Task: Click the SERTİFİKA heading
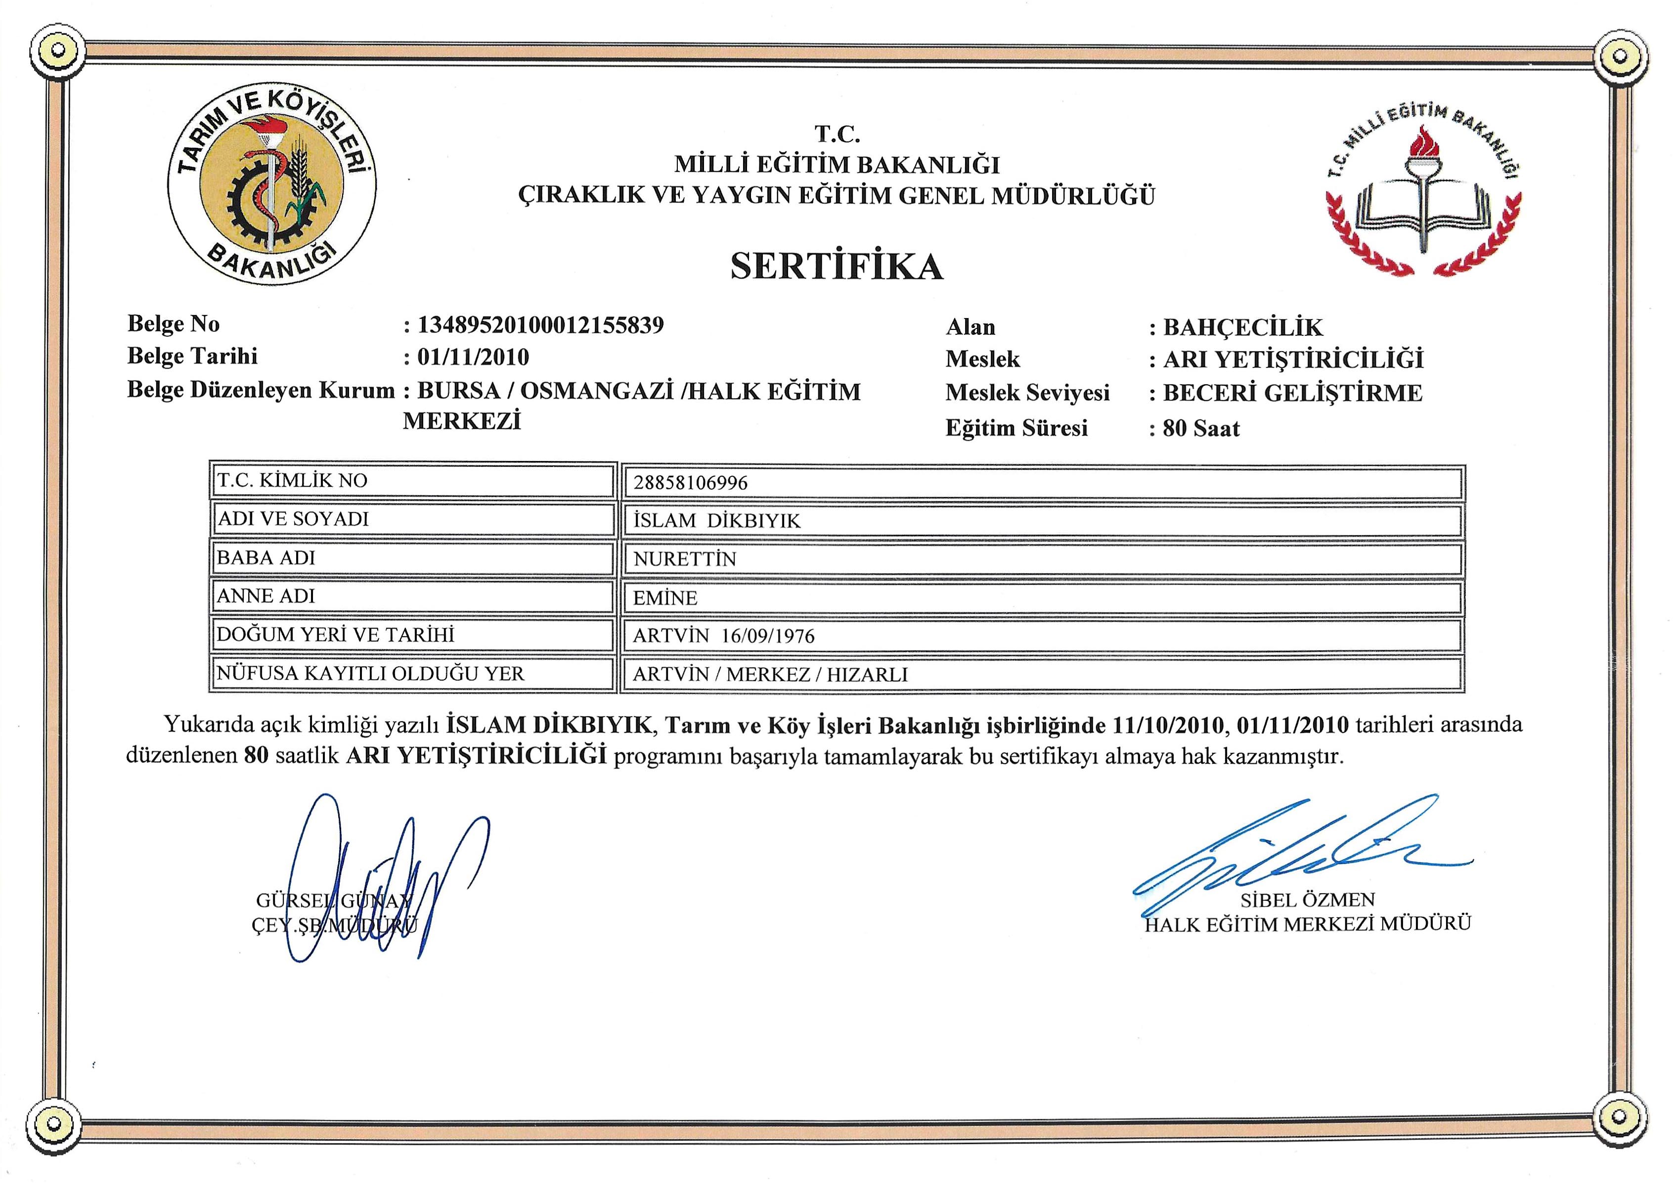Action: [836, 267]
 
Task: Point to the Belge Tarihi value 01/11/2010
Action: [473, 358]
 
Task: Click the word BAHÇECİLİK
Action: [1243, 327]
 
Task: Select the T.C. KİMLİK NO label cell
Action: [412, 481]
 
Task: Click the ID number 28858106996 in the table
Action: [691, 483]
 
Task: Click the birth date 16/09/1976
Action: [768, 636]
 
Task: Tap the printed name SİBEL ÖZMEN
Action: [1308, 900]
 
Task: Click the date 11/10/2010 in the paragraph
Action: [1168, 726]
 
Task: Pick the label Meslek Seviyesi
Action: [1027, 393]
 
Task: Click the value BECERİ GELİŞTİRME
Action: [1293, 394]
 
